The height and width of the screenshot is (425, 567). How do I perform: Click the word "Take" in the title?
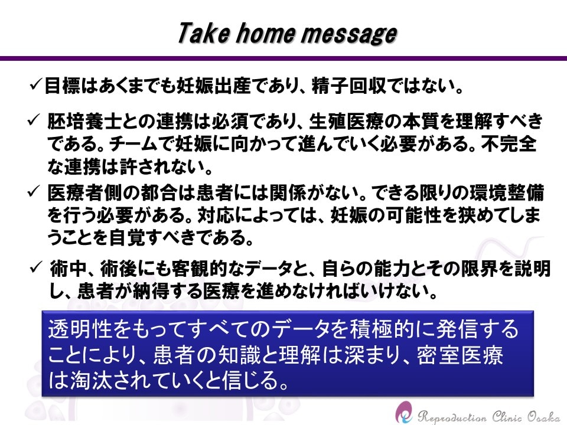pyautogui.click(x=204, y=33)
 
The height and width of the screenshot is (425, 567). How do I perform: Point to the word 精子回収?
pyautogui.click(x=348, y=86)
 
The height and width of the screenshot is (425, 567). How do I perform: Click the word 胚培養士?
pyautogui.click(x=84, y=122)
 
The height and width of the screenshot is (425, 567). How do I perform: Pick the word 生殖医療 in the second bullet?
pyautogui.click(x=346, y=122)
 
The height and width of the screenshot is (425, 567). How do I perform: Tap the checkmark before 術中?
pyautogui.click(x=36, y=267)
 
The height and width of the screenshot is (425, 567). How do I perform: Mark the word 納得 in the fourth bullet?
pyautogui.click(x=151, y=291)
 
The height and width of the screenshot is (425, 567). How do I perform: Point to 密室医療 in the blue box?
pyautogui.click(x=460, y=355)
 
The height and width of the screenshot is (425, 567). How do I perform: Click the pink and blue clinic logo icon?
pyautogui.click(x=404, y=413)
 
